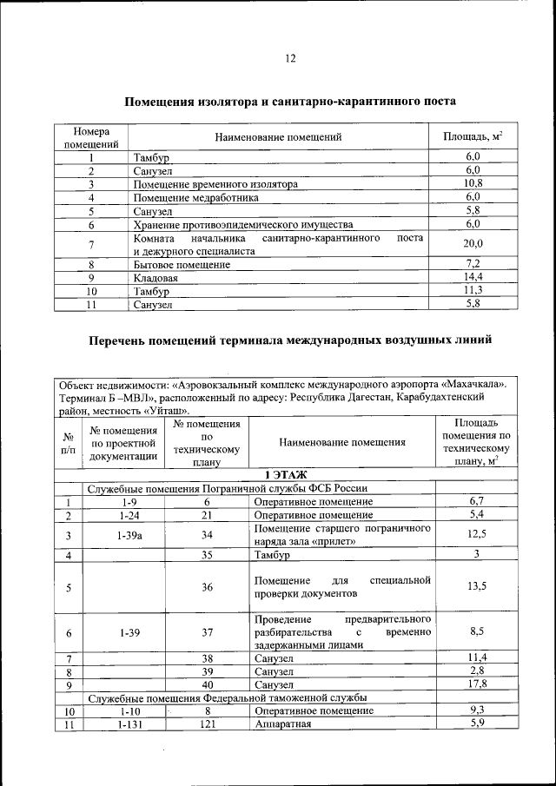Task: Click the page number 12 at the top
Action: point(290,59)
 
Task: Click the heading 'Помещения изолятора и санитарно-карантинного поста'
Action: point(290,102)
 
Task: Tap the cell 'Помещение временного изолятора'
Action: point(216,185)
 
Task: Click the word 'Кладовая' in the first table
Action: point(156,278)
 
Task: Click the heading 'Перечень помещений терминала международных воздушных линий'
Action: point(290,340)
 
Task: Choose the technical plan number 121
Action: point(207,725)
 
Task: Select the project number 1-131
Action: point(127,725)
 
